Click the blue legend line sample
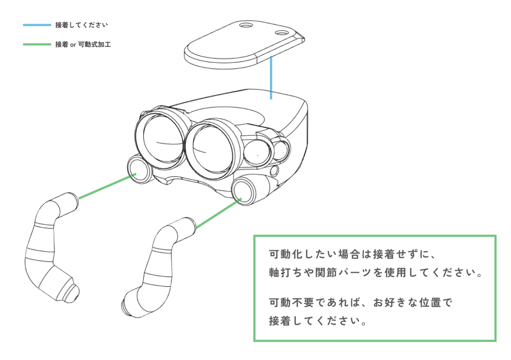(37, 24)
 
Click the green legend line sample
(37, 44)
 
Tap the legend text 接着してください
(81, 24)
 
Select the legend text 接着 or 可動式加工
(83, 44)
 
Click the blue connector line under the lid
(270, 77)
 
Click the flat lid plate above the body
(235, 47)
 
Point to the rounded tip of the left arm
(72, 290)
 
